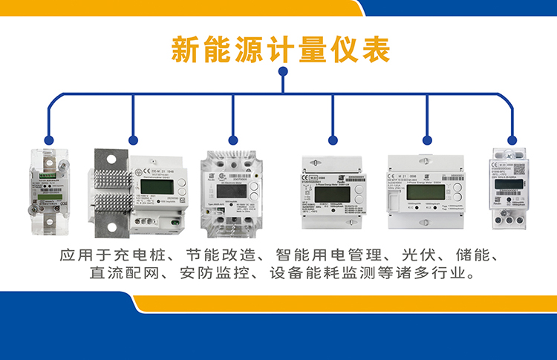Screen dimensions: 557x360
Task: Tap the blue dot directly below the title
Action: coord(282,72)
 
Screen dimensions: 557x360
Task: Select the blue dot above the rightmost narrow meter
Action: coord(512,139)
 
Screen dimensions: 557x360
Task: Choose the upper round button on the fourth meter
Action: coord(359,189)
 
